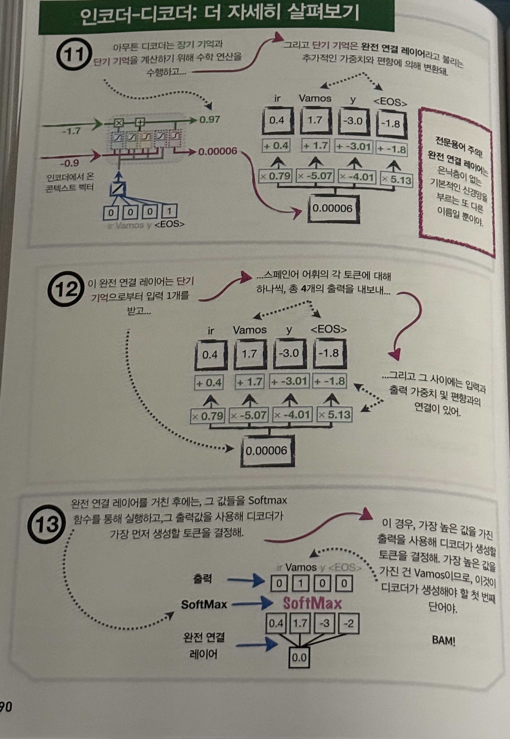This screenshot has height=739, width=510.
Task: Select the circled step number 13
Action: click(47, 524)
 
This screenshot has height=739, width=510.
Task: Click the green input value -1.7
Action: click(71, 131)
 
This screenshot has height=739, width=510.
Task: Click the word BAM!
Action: click(443, 640)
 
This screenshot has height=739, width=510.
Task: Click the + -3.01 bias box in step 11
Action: click(354, 147)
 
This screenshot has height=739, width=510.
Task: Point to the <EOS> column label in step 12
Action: click(329, 329)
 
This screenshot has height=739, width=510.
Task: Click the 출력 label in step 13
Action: click(202, 579)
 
